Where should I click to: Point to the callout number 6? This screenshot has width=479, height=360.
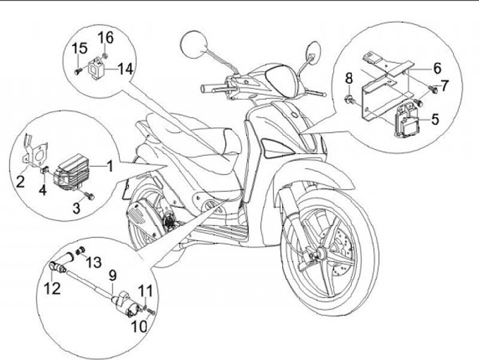pyautogui.click(x=437, y=68)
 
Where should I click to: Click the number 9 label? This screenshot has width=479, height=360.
pyautogui.click(x=112, y=274)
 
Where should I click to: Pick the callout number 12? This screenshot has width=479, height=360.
pyautogui.click(x=53, y=288)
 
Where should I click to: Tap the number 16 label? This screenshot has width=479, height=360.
pyautogui.click(x=106, y=35)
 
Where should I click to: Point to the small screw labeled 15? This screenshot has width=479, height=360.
pyautogui.click(x=78, y=70)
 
